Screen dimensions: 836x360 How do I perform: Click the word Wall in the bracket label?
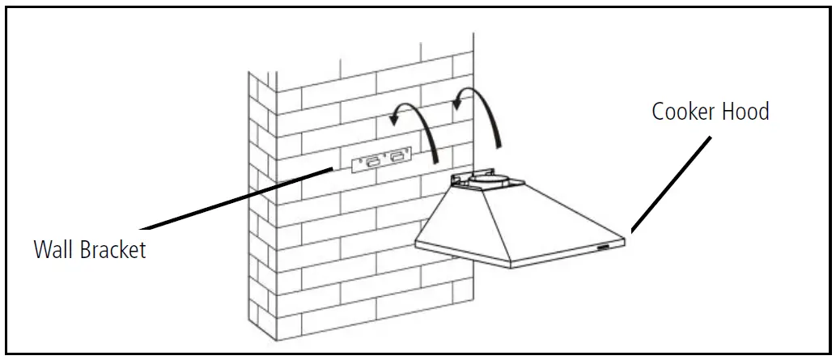[x=53, y=249]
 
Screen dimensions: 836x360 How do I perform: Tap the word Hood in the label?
[x=745, y=112]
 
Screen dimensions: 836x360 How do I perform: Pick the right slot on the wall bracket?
[x=397, y=158]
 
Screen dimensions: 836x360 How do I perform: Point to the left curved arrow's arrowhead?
[x=394, y=119]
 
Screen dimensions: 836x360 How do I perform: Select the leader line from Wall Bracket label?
[x=235, y=198]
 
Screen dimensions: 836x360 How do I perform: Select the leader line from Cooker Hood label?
[x=672, y=182]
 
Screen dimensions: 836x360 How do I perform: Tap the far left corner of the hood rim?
[x=416, y=242]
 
